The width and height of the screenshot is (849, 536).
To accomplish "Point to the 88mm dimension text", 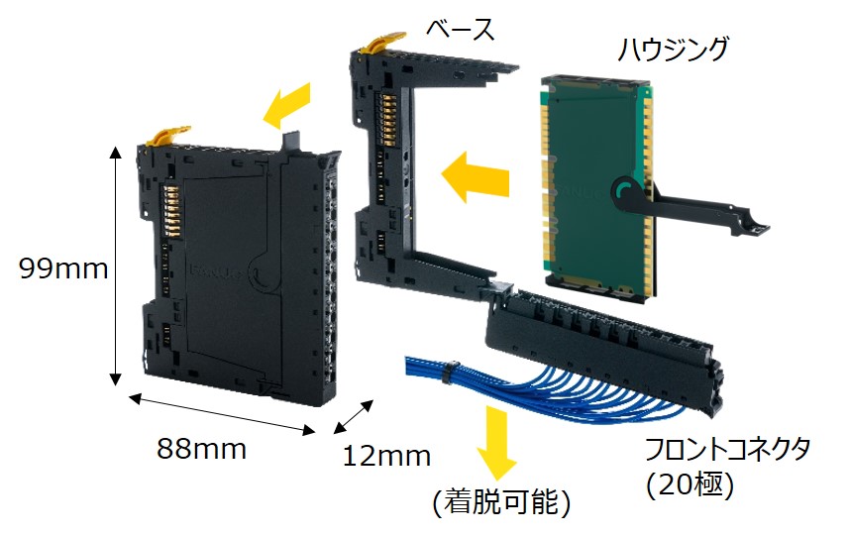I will tap(201, 448).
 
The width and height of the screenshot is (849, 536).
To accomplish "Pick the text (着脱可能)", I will tap(502, 502).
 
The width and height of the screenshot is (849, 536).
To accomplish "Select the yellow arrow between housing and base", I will tap(474, 176).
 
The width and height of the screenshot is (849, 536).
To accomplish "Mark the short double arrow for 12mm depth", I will tap(355, 416).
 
